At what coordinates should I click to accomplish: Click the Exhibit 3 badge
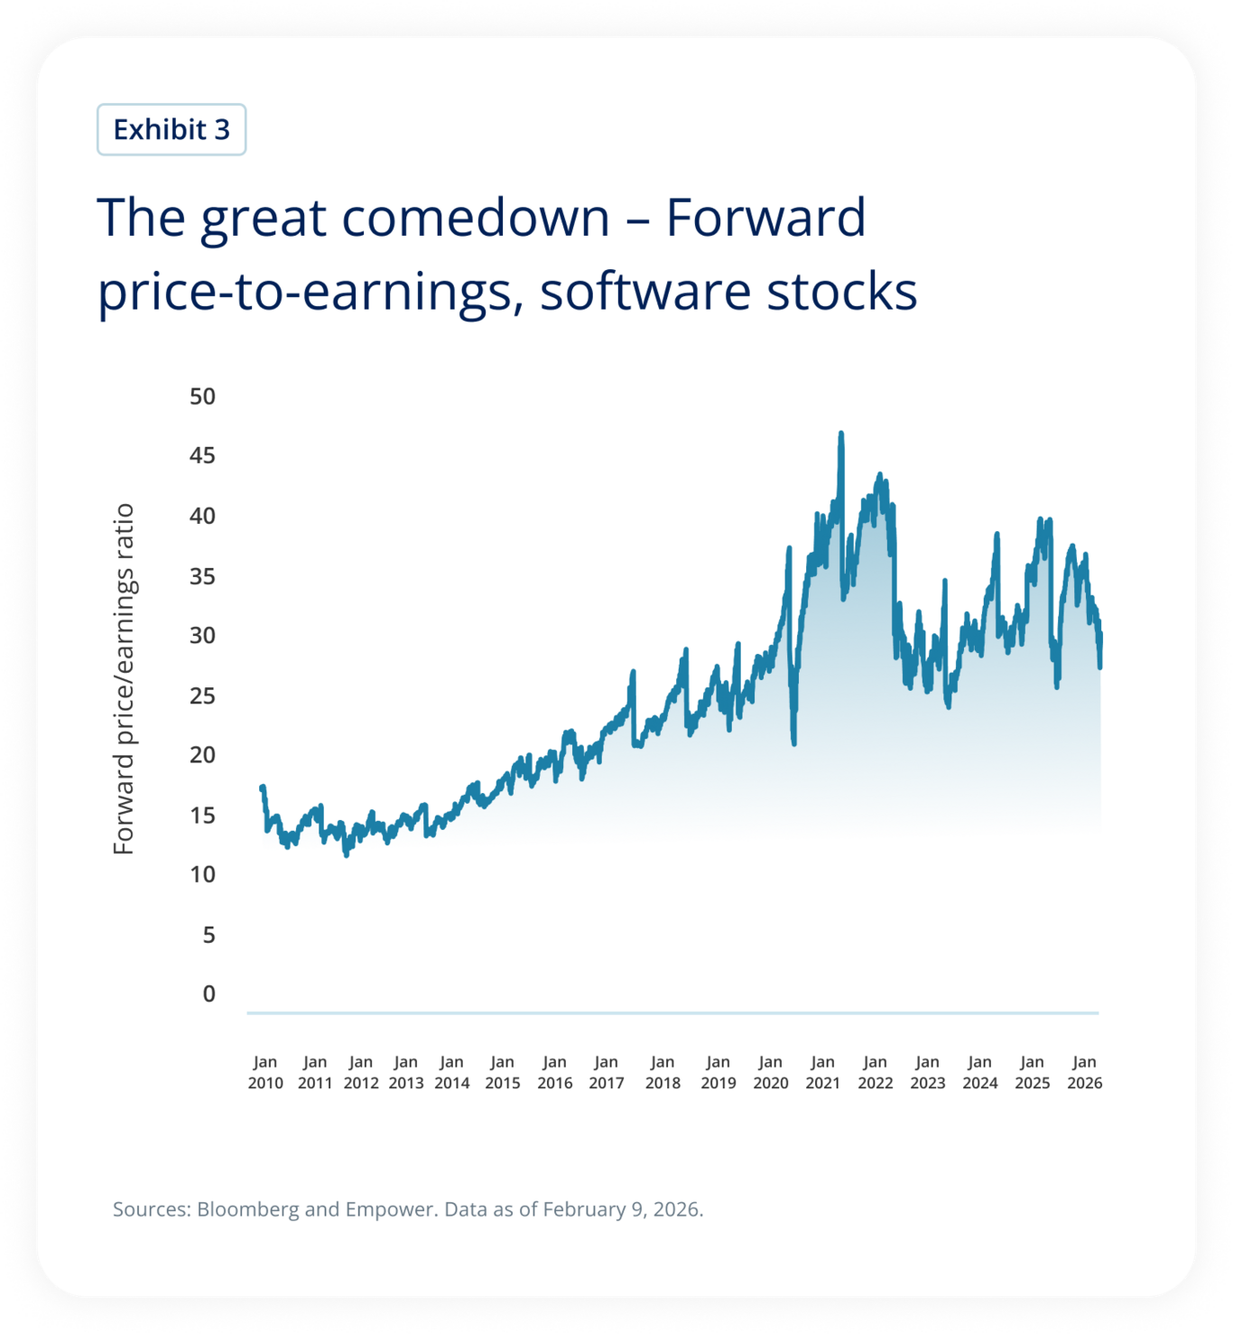pyautogui.click(x=172, y=129)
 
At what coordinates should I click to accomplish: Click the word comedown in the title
pyautogui.click(x=476, y=218)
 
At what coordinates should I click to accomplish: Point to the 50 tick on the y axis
pyautogui.click(x=202, y=396)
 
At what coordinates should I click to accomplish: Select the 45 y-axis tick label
pyautogui.click(x=202, y=455)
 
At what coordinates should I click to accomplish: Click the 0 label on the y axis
pyautogui.click(x=209, y=994)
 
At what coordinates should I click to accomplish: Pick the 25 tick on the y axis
pyautogui.click(x=202, y=695)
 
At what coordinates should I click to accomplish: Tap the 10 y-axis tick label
pyautogui.click(x=202, y=874)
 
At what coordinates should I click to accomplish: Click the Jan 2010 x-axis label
pyautogui.click(x=265, y=1072)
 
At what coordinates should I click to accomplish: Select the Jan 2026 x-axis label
pyautogui.click(x=1084, y=1072)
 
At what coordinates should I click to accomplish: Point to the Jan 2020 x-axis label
pyautogui.click(x=770, y=1072)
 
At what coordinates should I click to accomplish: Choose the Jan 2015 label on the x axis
pyautogui.click(x=502, y=1072)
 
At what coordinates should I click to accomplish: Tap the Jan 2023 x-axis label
pyautogui.click(x=927, y=1072)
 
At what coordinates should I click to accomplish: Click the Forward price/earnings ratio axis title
pyautogui.click(x=124, y=678)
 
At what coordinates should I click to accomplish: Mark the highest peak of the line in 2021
pyautogui.click(x=841, y=434)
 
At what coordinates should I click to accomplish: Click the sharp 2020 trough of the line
pyautogui.click(x=794, y=742)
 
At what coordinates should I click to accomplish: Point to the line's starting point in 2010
pyautogui.click(x=263, y=788)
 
